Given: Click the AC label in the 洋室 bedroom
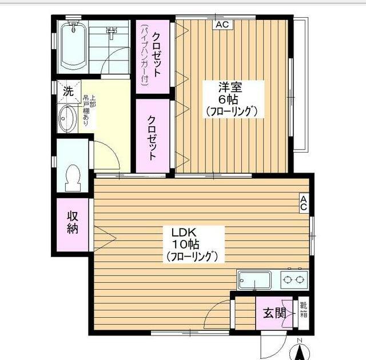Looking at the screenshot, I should tap(222, 25).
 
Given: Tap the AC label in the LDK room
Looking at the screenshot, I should tap(304, 203).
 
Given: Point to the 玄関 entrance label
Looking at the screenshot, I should tap(273, 313).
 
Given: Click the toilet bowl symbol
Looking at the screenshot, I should tap(73, 178).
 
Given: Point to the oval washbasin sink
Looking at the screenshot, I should tap(69, 118).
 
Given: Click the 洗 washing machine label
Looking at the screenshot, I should tap(68, 91).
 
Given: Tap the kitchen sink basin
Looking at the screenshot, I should tap(254, 281).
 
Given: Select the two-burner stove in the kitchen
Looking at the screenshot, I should tap(293, 280).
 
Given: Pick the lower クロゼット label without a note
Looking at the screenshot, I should tap(153, 137).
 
